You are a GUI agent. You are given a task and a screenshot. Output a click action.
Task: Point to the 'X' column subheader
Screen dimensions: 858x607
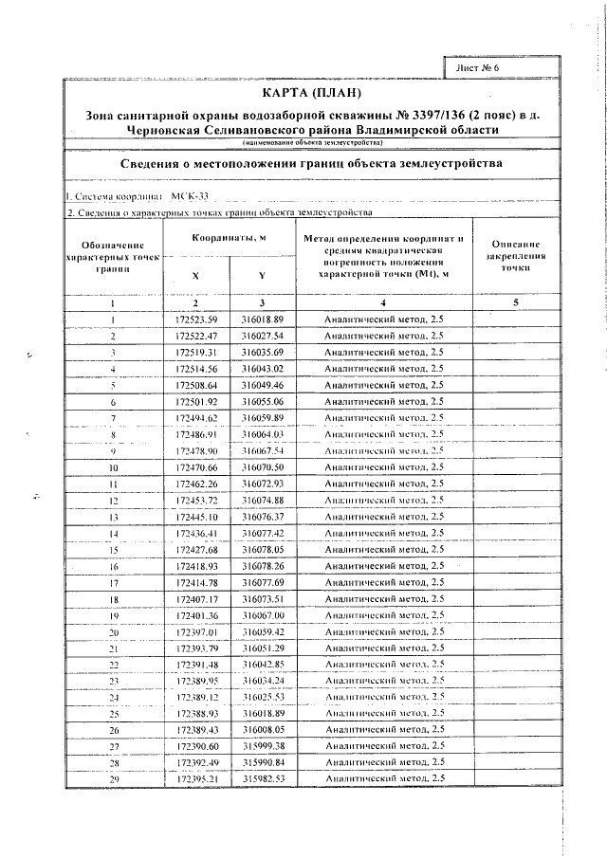pos(196,276)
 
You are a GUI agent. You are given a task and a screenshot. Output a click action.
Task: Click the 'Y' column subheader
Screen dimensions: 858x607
pos(262,276)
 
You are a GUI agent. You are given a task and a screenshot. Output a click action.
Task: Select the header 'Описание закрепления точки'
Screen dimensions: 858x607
pos(515,256)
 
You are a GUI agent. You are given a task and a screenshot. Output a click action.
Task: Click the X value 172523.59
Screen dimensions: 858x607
pos(197,319)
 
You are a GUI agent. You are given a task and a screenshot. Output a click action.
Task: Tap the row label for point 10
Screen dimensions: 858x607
pos(113,468)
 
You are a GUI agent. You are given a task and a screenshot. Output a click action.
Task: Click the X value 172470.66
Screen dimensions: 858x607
pos(197,468)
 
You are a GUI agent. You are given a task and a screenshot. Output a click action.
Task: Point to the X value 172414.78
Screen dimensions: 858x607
pos(197,582)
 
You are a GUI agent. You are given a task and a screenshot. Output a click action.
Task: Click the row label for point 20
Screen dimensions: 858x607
pos(113,631)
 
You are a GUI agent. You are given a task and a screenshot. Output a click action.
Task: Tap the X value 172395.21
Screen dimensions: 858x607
pos(197,778)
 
